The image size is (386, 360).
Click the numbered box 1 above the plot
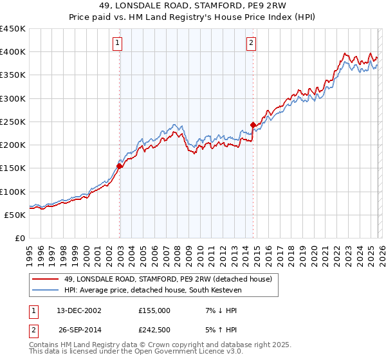118,44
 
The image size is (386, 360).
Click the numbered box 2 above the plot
251,44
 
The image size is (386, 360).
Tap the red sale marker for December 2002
120,166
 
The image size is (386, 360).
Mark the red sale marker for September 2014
253,125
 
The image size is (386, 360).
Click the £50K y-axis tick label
15,215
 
